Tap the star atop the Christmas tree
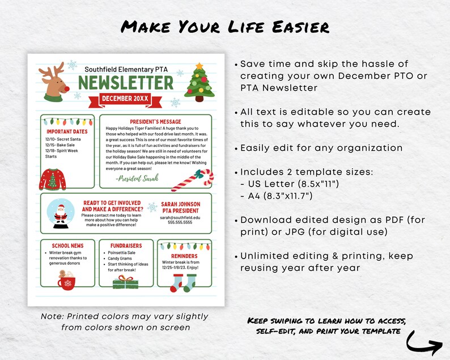(198, 66)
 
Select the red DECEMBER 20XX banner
(125, 99)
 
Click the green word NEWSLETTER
(126, 83)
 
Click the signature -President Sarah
(137, 178)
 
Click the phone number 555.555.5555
(181, 223)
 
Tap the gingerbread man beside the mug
(61, 276)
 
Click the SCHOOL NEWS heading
(67, 245)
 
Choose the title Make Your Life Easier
(225, 27)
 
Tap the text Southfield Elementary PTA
(126, 69)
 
